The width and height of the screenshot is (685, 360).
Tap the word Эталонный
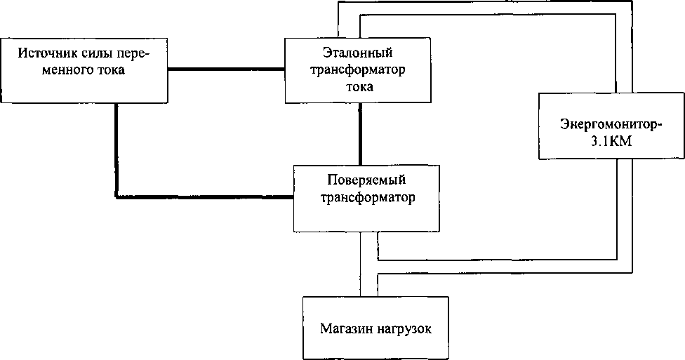[358, 53]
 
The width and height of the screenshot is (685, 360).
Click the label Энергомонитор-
[611, 125]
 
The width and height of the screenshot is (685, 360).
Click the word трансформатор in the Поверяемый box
[366, 196]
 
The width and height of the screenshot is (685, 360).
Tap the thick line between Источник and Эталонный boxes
[227, 69]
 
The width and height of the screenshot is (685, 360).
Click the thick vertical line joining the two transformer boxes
[360, 135]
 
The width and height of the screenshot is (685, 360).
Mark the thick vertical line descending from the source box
[116, 147]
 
